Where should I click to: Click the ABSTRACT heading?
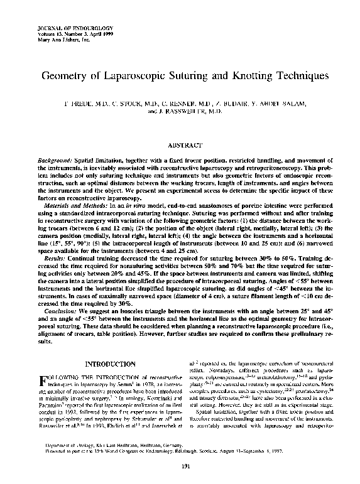(180, 144)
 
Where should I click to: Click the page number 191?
(180, 465)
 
